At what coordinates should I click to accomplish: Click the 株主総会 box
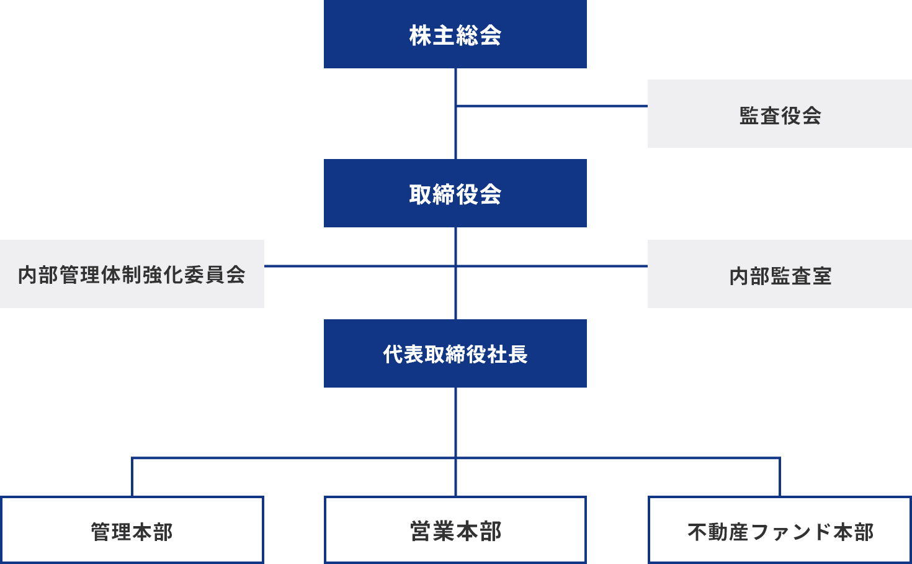[455, 34]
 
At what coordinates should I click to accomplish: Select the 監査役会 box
[779, 114]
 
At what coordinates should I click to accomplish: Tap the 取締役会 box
[455, 193]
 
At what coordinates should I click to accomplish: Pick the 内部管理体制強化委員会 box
[132, 274]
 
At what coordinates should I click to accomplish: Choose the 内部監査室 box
[779, 274]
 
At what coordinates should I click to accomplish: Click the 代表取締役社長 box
[455, 353]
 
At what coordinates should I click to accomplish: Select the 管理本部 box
[132, 530]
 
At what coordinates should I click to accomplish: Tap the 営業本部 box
[455, 530]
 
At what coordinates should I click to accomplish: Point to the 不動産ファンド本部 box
[779, 530]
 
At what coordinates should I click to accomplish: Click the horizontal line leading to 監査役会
[552, 106]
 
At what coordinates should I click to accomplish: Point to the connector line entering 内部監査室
[552, 266]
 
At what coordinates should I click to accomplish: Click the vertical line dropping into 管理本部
[132, 477]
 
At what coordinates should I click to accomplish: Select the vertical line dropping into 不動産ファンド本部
[780, 477]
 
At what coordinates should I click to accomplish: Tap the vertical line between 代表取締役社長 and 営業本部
[456, 422]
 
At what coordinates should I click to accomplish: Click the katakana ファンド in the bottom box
[791, 532]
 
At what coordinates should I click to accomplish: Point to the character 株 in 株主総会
[420, 35]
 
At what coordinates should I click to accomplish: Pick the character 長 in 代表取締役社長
[517, 354]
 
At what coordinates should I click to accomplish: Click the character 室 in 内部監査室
[821, 276]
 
